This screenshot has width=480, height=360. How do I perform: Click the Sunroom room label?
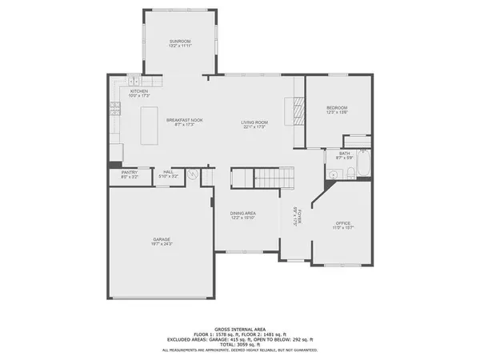(180, 43)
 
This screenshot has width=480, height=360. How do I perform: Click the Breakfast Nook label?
(185, 122)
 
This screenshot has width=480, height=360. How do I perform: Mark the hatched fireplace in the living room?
(295, 109)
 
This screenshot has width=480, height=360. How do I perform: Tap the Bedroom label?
(337, 110)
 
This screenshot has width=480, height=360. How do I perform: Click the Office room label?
(343, 225)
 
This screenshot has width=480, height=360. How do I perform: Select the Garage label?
(162, 241)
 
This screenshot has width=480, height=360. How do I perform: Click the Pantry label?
(129, 174)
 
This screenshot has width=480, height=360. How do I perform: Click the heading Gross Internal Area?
(240, 329)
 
